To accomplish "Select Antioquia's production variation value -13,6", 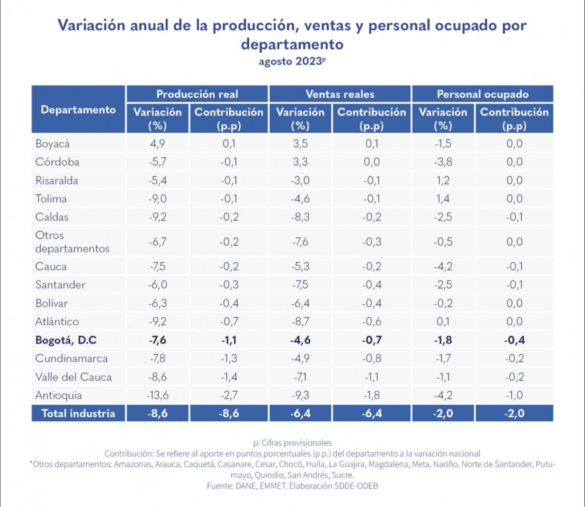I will coord(157,395).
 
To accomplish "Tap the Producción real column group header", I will coord(197,94).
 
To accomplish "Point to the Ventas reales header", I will coord(339,94).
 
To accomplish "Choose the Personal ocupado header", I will coord(482,94).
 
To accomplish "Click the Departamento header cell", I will coord(78,110).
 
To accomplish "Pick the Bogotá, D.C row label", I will coord(66,340).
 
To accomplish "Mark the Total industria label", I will coord(78,413).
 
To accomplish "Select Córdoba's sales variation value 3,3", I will coord(300,162).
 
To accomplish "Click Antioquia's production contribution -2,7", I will coord(229,395).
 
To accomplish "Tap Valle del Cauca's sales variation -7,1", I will coord(300,377).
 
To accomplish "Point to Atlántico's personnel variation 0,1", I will coord(442,321).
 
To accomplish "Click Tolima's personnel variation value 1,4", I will coord(442,199).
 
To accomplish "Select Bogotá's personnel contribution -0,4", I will coord(514,340).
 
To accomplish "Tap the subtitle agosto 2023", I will coord(292,63).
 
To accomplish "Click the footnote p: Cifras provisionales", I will coord(292,442).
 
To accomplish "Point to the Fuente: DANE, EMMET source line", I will coord(292,485).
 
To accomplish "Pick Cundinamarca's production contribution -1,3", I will coord(229,358).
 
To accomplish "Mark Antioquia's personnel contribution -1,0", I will coord(514,395).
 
